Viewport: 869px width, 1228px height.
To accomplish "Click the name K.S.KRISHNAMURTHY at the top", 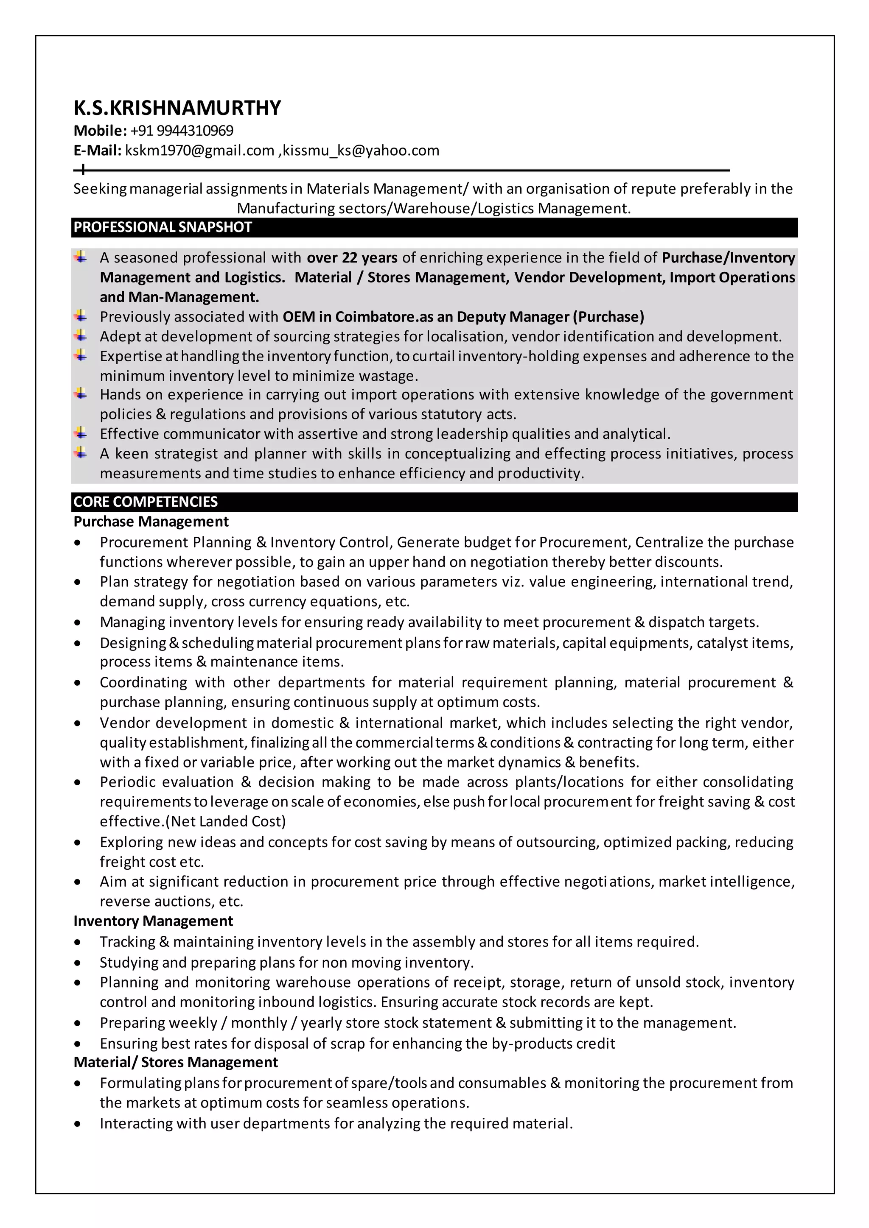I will (x=177, y=108).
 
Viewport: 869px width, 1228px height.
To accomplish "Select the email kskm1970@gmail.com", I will (x=199, y=151).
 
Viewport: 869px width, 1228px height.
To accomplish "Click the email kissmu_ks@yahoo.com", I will (x=361, y=151).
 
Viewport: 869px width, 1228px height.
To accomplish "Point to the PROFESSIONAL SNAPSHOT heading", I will (x=162, y=227).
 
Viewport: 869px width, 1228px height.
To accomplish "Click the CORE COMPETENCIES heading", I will (x=146, y=502).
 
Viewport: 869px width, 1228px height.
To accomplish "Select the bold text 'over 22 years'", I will (x=352, y=258).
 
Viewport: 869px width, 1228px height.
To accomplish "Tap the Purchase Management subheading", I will (x=151, y=522).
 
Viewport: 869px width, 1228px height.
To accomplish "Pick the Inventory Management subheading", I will (x=153, y=921).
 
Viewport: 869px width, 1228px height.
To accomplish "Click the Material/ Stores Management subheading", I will (x=176, y=1062).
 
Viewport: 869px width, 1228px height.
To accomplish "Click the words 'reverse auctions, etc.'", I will (x=171, y=902).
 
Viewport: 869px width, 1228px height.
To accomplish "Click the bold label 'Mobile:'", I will (x=100, y=131).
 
